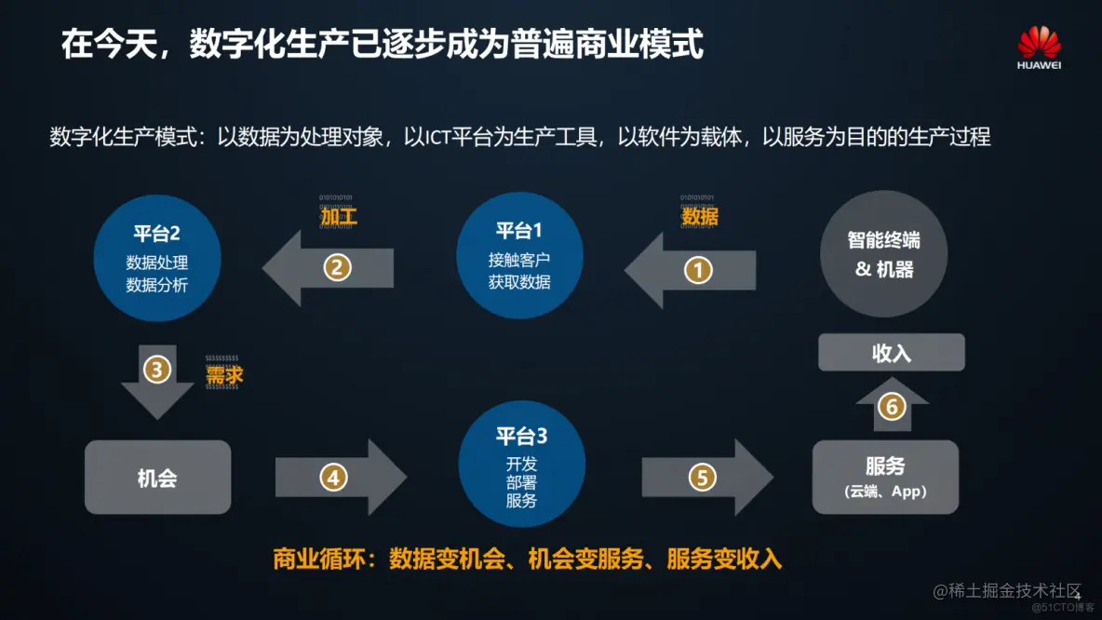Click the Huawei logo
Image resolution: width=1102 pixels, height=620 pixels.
tap(1039, 47)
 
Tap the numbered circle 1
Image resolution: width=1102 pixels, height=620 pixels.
tap(698, 270)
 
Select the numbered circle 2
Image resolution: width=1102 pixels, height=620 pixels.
tap(337, 268)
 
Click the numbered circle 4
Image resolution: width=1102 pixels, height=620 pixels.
tap(333, 478)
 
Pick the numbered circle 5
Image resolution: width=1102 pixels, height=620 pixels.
tap(702, 478)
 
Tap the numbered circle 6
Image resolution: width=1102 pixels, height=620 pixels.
tap(892, 408)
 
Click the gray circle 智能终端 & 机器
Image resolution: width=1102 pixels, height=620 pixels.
tap(883, 253)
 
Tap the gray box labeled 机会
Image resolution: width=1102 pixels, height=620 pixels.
tap(157, 478)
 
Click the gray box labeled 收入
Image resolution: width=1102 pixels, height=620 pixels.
tap(891, 353)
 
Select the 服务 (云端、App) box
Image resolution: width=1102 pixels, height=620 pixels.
tap(885, 477)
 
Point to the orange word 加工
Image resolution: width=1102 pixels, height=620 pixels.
tap(339, 217)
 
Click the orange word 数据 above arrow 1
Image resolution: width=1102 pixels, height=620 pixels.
tap(699, 217)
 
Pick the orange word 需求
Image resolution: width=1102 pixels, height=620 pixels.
tap(224, 374)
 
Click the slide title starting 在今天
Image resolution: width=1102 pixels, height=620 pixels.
tap(382, 44)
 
